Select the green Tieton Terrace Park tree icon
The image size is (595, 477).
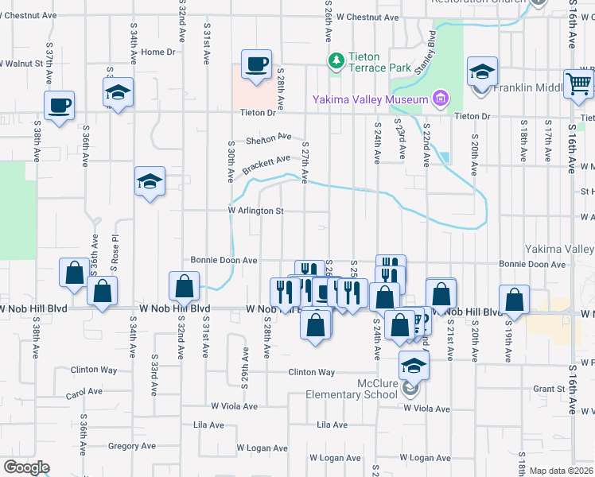[336, 60]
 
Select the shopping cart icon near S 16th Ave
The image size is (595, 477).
[577, 82]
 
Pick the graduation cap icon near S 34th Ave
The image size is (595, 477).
[118, 92]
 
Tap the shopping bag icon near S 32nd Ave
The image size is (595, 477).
[184, 285]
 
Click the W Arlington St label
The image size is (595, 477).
[256, 211]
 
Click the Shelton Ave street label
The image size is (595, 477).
[269, 138]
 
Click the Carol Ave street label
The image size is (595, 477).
[85, 393]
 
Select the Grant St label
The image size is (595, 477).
[549, 389]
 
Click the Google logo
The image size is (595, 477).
[26, 467]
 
